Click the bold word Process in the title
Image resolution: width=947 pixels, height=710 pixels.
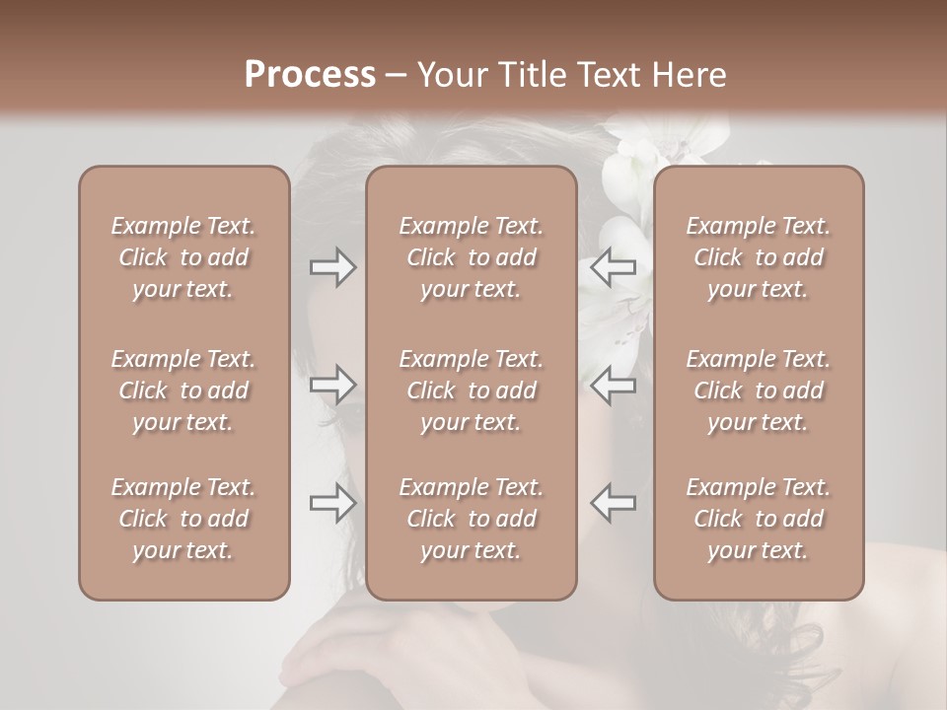310,74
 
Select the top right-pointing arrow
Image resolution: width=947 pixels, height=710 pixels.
333,267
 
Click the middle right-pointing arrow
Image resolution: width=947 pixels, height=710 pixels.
333,385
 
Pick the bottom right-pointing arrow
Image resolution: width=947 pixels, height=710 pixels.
333,502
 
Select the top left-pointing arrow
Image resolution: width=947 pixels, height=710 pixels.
614,267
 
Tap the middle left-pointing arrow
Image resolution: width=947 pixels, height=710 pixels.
614,385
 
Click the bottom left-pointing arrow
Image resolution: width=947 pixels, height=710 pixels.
614,502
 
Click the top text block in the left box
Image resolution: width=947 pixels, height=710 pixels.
183,257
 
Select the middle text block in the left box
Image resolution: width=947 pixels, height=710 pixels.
183,390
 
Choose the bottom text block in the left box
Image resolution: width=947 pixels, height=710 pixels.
183,519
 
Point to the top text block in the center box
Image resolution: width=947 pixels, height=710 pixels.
472,257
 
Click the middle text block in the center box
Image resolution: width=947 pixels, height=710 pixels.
472,390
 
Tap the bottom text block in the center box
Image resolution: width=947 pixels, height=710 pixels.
472,519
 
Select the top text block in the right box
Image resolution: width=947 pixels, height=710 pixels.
759,257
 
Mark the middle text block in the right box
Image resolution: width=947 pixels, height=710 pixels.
759,390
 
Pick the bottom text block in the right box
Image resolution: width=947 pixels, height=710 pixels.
759,519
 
